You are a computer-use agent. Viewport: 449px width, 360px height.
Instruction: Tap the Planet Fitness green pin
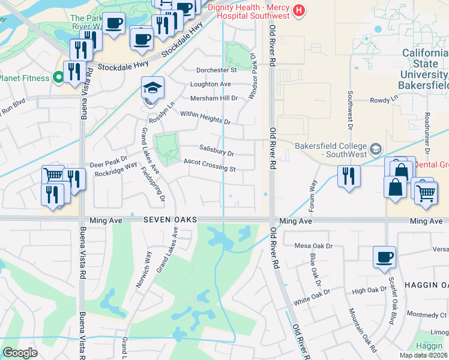click(x=58, y=77)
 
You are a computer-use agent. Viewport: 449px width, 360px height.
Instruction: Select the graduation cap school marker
click(x=153, y=88)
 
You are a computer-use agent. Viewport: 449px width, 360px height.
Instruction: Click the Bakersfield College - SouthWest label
click(x=330, y=150)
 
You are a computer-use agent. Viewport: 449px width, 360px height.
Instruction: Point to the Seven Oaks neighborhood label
click(x=170, y=221)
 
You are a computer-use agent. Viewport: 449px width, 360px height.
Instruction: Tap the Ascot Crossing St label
click(x=209, y=165)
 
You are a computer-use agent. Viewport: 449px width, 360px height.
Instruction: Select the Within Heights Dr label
click(x=205, y=117)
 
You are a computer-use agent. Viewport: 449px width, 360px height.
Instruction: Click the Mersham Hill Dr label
click(x=214, y=98)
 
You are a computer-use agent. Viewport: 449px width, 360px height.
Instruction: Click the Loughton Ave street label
click(x=211, y=85)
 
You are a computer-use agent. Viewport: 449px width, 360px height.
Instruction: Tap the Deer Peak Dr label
click(x=109, y=163)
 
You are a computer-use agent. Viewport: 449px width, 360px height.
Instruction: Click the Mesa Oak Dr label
click(x=313, y=245)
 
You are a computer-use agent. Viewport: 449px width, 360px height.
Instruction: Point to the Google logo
click(x=20, y=353)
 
